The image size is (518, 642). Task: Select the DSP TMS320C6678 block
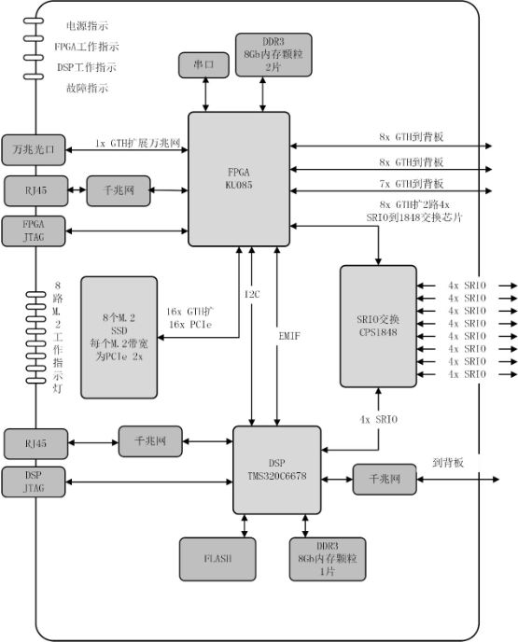[x=276, y=469]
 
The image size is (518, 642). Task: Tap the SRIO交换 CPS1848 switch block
[x=378, y=326]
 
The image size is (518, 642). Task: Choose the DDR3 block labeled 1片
[x=328, y=559]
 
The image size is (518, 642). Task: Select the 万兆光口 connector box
[x=34, y=147]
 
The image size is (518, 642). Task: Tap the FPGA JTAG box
[x=34, y=230]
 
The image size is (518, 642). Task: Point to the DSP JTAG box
[x=34, y=481]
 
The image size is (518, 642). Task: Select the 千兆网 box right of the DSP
[x=384, y=479]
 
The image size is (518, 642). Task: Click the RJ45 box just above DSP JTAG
[x=34, y=440]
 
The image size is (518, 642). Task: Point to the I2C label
[x=252, y=293]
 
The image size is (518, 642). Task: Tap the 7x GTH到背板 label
[x=412, y=182]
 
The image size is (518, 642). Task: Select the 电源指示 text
[x=87, y=26]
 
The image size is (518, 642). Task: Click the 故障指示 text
[x=87, y=89]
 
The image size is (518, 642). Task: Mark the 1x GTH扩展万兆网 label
[x=137, y=144]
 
